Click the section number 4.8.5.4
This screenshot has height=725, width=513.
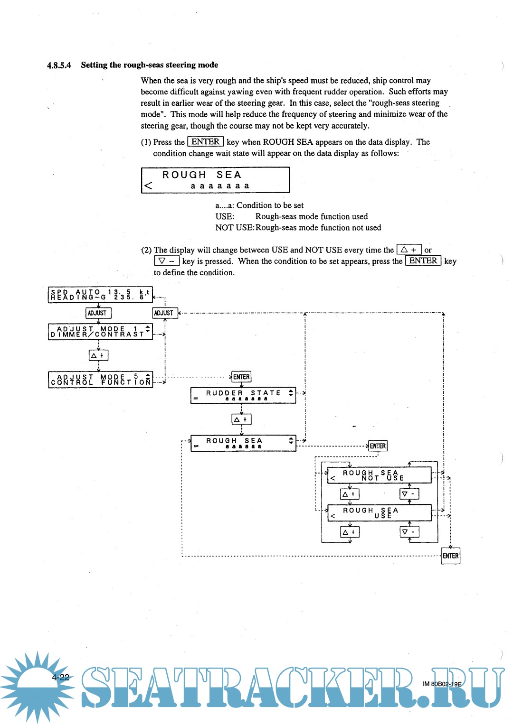[x=59, y=65]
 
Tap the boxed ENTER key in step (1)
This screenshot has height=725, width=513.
[x=205, y=142]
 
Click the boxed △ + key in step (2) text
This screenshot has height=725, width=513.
[x=409, y=250]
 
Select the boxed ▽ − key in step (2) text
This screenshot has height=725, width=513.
[x=166, y=261]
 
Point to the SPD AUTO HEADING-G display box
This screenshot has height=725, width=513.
[x=100, y=295]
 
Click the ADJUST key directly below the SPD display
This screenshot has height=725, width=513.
[x=98, y=313]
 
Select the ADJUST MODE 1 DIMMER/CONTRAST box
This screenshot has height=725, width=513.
[x=100, y=332]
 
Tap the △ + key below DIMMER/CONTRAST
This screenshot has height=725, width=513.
[x=98, y=355]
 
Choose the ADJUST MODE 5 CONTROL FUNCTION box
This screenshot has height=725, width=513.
[x=100, y=380]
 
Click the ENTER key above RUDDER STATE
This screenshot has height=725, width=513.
[x=241, y=377]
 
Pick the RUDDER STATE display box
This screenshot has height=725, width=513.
[x=243, y=395]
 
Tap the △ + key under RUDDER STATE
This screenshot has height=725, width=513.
[x=241, y=419]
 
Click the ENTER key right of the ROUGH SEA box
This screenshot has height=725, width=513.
[x=378, y=446]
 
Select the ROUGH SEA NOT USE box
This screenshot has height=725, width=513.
[x=379, y=475]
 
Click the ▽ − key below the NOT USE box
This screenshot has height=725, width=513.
[x=409, y=494]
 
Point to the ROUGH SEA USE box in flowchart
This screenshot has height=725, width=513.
[x=379, y=513]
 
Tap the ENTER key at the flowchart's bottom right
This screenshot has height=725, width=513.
[x=450, y=556]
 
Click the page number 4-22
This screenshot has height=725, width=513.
[x=61, y=677]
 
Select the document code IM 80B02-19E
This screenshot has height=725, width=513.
[x=442, y=684]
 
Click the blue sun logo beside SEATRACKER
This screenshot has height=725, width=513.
[x=36, y=686]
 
